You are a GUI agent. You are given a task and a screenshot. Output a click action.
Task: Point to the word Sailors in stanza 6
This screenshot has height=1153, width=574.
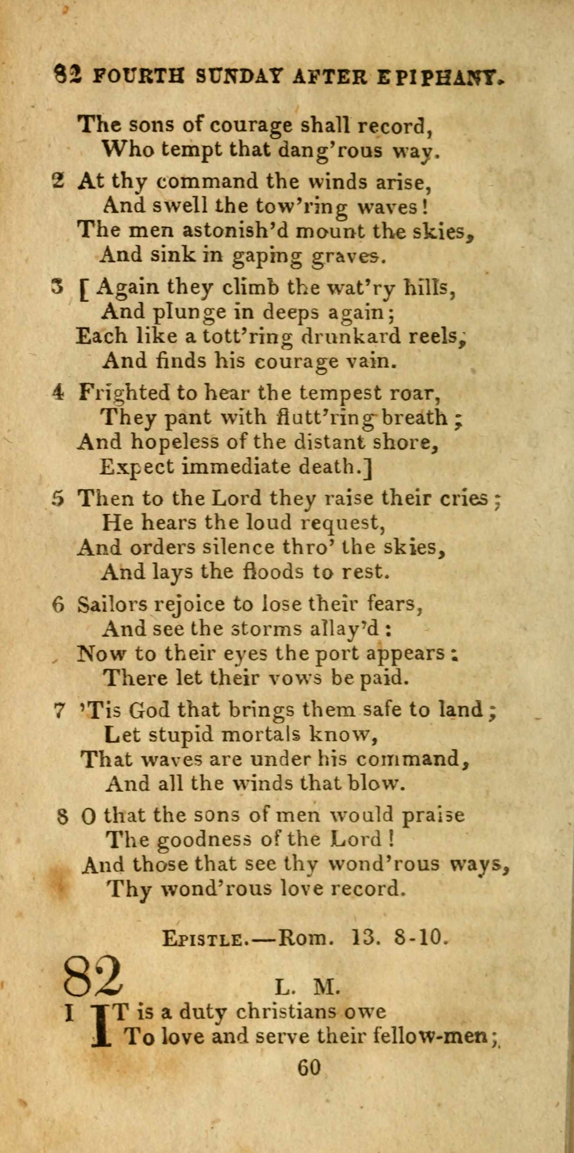(x=111, y=605)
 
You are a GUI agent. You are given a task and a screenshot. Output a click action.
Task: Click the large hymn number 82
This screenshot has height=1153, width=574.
(x=92, y=974)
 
